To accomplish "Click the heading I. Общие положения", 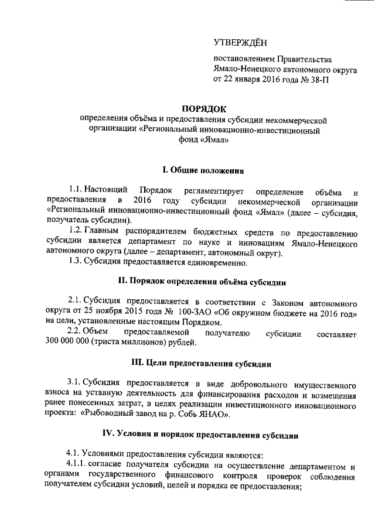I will pos(203,170).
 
